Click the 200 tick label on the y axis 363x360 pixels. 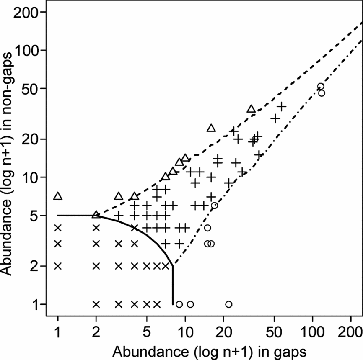click(26, 12)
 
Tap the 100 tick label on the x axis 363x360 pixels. click(312, 334)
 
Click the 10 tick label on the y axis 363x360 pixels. click(31, 177)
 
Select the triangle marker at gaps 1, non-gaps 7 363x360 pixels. click(58, 196)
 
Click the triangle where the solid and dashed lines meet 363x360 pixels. click(96, 214)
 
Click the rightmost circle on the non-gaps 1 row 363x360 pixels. click(228, 304)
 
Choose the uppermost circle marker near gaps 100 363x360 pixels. click(321, 87)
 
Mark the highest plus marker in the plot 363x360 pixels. click(282, 106)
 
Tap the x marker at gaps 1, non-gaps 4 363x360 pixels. click(58, 228)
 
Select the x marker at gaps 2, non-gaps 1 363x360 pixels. click(96, 304)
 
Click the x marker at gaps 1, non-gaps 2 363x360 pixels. click(58, 266)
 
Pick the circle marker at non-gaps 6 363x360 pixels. click(214, 205)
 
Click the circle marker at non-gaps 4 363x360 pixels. click(207, 228)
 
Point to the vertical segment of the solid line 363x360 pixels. click(173, 285)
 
